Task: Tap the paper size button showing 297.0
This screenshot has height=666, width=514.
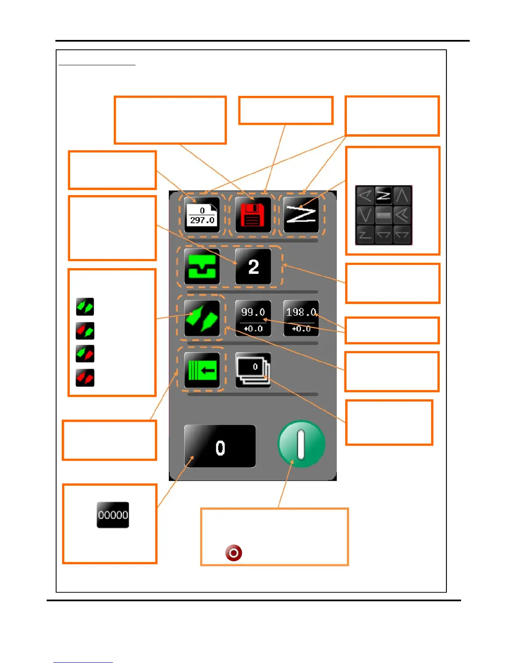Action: (202, 215)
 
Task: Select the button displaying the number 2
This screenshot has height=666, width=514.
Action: (253, 267)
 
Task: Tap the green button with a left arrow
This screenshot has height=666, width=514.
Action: (202, 370)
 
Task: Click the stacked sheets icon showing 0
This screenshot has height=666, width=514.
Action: (253, 370)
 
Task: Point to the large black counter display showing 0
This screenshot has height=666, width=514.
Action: (220, 447)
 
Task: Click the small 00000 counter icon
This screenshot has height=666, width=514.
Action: (113, 515)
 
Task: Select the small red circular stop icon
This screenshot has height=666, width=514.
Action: (233, 552)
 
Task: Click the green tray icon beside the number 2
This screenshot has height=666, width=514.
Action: (202, 267)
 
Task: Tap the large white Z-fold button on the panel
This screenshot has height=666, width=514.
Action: (301, 215)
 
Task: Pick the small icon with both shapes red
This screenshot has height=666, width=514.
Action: (85, 378)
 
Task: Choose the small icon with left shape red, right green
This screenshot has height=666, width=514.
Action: (85, 330)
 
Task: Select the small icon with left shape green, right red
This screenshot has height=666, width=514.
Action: (85, 354)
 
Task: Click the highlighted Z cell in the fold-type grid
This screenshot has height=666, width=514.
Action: (383, 196)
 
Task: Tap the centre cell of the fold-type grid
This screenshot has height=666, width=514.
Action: (383, 215)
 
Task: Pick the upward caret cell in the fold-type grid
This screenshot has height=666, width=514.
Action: (402, 196)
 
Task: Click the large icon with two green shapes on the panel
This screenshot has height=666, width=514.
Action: (202, 318)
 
